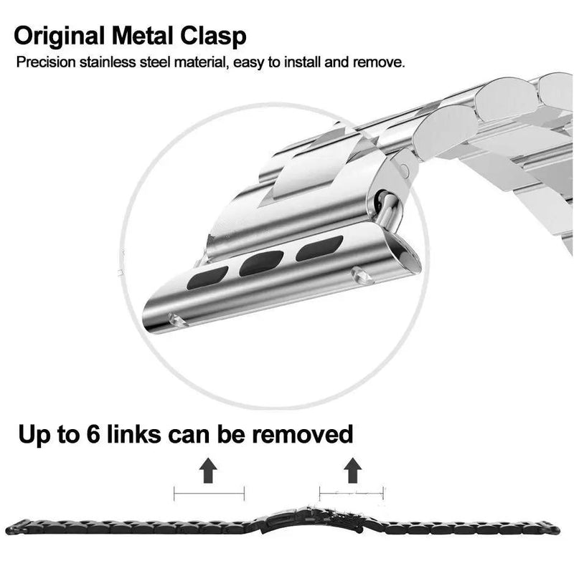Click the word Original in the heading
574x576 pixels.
click(x=60, y=37)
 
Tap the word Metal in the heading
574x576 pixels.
click(x=142, y=36)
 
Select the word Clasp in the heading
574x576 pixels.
click(x=213, y=37)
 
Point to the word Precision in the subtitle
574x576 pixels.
click(x=46, y=62)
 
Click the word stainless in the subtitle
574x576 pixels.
click(x=108, y=62)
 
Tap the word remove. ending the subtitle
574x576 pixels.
click(x=379, y=62)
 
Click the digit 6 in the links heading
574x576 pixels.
click(x=93, y=434)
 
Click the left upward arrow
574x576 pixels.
click(x=208, y=470)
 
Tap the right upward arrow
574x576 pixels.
click(x=352, y=470)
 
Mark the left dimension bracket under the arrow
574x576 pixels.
click(x=209, y=493)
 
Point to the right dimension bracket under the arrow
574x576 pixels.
click(x=352, y=493)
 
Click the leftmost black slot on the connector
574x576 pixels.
click(x=207, y=278)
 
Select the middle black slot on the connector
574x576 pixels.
click(x=261, y=263)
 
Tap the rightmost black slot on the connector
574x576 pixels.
click(x=319, y=249)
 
